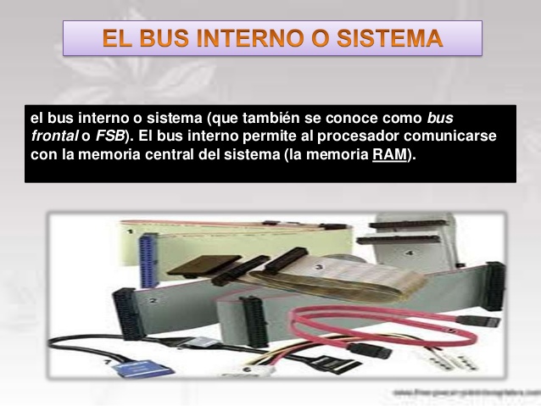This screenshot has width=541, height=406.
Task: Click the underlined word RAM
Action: click(x=389, y=155)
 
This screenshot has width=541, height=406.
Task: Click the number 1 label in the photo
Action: click(x=130, y=231)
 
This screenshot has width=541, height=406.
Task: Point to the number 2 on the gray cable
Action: click(x=153, y=300)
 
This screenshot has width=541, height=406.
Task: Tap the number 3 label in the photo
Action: click(x=318, y=267)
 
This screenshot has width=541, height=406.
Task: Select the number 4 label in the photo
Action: click(x=408, y=253)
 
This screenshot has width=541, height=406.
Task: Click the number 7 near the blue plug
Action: click(x=108, y=363)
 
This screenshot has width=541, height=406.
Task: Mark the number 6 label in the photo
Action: click(x=247, y=370)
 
